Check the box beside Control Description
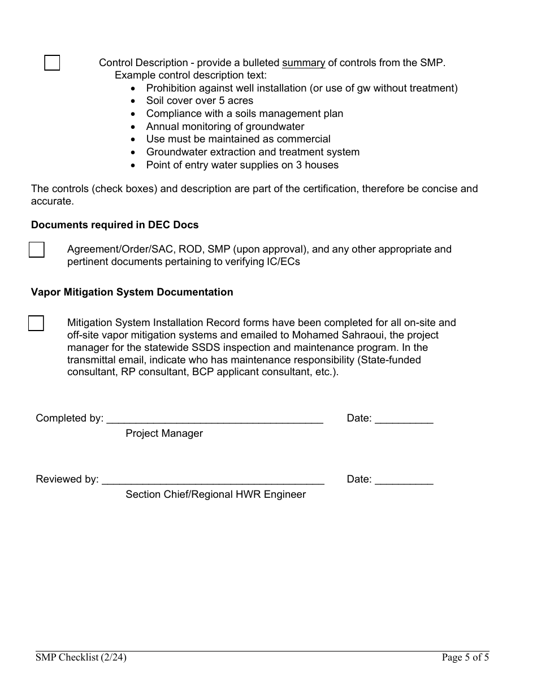pyautogui.click(x=52, y=63)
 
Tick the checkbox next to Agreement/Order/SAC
pyautogui.click(x=37, y=249)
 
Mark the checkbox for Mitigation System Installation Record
pyautogui.click(x=36, y=323)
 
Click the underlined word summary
pyautogui.click(x=304, y=63)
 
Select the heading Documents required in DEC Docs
pyautogui.click(x=115, y=225)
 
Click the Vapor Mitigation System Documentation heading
pyautogui.click(x=132, y=292)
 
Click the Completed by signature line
pyautogui.click(x=215, y=419)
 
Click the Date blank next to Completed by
pyautogui.click(x=404, y=419)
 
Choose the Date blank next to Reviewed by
pyautogui.click(x=404, y=480)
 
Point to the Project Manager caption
pyautogui.click(x=164, y=433)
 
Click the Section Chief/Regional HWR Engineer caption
pyautogui.click(x=215, y=494)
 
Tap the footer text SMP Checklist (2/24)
pyautogui.click(x=81, y=657)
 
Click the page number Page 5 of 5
pyautogui.click(x=465, y=657)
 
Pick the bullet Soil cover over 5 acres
pyautogui.click(x=200, y=101)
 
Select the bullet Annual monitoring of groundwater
pyautogui.click(x=225, y=127)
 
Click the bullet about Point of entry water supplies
pyautogui.click(x=242, y=165)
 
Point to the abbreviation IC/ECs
pyautogui.click(x=279, y=262)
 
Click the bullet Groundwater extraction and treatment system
pyautogui.click(x=253, y=152)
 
